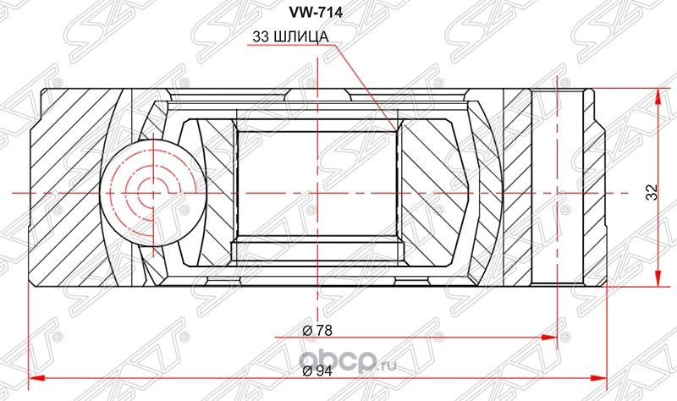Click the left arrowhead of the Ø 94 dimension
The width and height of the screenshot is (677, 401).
tap(34, 376)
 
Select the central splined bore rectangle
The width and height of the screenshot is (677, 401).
tap(316, 192)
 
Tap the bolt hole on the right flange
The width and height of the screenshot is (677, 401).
tap(558, 191)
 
